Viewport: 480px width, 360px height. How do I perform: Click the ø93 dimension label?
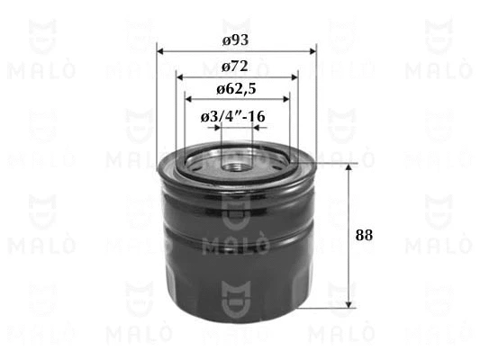(235, 40)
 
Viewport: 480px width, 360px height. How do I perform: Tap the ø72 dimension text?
(235, 67)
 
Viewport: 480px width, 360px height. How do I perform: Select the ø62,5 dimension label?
(236, 89)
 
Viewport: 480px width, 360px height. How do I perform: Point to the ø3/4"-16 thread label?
(233, 116)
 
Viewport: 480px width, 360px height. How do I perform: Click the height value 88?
(365, 235)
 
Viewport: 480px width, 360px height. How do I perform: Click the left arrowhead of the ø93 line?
(160, 51)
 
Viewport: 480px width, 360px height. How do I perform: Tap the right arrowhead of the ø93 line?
(312, 51)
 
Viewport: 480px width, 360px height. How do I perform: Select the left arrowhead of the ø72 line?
(180, 77)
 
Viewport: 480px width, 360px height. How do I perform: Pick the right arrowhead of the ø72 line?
(294, 77)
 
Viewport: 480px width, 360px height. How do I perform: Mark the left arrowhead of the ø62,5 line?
(189, 99)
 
